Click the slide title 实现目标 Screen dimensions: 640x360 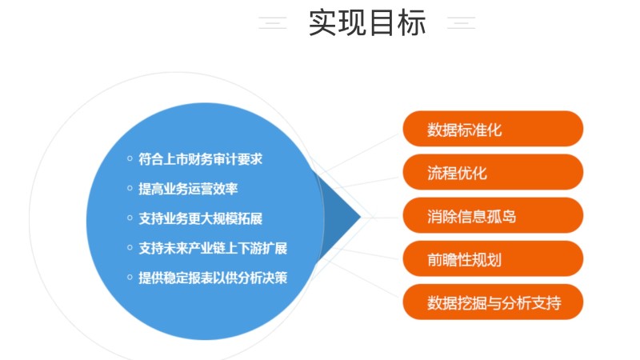367,23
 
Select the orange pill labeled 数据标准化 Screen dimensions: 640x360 493,129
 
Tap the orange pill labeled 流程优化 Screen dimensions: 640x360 493,172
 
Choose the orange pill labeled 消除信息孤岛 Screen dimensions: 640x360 493,215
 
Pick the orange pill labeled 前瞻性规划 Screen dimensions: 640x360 493,258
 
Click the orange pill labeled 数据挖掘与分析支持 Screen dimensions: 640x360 493,302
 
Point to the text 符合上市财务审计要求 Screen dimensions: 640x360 200,159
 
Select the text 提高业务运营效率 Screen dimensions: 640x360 188,189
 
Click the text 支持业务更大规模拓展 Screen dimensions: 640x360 200,218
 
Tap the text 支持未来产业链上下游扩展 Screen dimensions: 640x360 213,248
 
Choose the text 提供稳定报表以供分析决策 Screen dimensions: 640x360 213,278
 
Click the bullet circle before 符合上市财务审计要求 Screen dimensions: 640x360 130,158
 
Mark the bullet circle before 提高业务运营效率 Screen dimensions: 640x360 130,188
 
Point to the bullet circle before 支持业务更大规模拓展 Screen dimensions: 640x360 130,218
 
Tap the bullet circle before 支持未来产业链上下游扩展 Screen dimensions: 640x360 130,247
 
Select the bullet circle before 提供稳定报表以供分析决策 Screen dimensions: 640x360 130,277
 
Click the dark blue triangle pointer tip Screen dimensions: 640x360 362,217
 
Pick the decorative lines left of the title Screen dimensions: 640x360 273,23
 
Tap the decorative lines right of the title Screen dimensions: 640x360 462,23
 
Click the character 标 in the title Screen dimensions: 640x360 412,23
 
